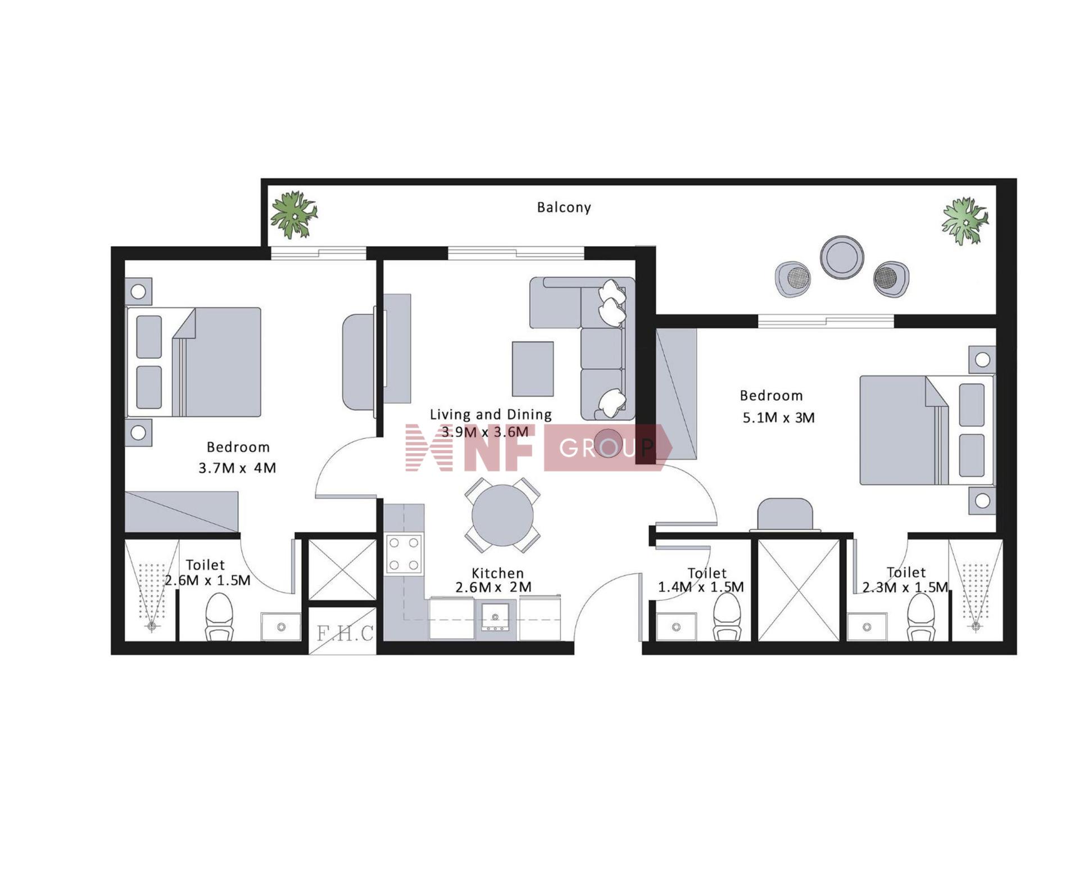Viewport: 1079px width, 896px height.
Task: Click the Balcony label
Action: (564, 207)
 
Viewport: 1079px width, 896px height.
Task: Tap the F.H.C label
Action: (344, 633)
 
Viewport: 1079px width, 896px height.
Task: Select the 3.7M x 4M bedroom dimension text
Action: (237, 468)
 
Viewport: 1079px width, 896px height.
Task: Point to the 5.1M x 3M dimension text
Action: (778, 418)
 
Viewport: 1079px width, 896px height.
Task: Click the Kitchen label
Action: (497, 573)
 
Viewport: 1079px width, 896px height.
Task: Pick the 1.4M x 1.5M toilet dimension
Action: (701, 587)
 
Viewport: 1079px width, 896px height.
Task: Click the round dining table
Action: (502, 515)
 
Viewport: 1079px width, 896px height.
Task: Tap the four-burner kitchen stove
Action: (404, 553)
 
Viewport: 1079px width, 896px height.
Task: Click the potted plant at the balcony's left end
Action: (293, 214)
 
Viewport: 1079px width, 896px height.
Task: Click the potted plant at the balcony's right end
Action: (965, 220)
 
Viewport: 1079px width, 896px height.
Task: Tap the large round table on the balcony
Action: (841, 257)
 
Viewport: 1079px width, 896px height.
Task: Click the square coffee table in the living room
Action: (533, 369)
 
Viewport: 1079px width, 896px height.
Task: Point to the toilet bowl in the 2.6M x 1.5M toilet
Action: (219, 617)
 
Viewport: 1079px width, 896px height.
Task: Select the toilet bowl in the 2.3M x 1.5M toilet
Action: (921, 617)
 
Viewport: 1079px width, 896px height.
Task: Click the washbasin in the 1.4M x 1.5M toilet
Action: (676, 627)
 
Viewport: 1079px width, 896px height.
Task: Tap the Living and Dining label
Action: (491, 414)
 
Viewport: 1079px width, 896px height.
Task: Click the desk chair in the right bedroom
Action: (785, 514)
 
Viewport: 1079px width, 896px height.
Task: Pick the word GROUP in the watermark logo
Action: (607, 447)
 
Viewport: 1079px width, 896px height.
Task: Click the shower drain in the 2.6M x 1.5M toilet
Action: (152, 626)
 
